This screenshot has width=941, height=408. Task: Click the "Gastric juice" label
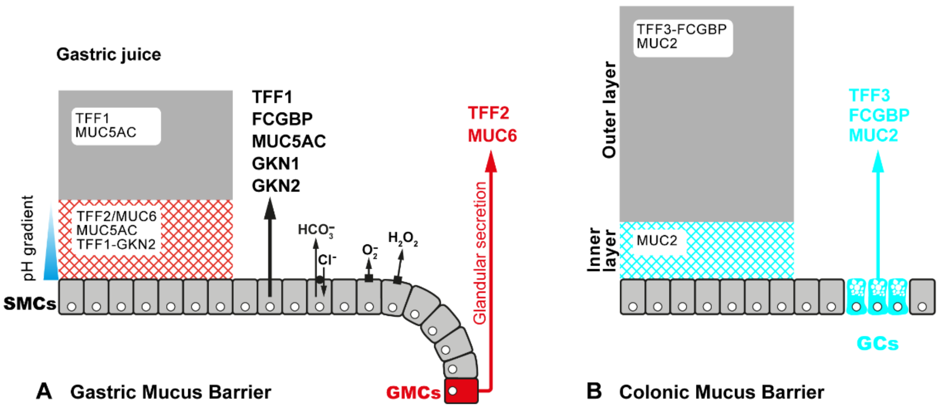click(109, 55)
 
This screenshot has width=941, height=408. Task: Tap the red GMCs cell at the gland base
click(461, 391)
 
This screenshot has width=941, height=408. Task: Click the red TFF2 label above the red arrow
click(488, 113)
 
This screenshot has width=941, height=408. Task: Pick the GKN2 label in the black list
click(276, 186)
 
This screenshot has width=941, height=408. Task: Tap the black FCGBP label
click(282, 119)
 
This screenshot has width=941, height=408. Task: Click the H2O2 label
click(403, 238)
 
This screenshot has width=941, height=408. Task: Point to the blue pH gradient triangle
click(50, 256)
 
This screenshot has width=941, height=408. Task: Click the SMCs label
click(30, 303)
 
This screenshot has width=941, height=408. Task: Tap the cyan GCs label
click(877, 344)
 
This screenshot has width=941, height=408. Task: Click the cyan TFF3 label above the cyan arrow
click(870, 95)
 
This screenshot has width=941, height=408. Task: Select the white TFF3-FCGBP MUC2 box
click(683, 38)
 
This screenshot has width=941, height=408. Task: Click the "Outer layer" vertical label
click(609, 110)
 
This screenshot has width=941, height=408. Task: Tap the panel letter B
click(594, 390)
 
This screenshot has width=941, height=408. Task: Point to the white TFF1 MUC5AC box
click(116, 126)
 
